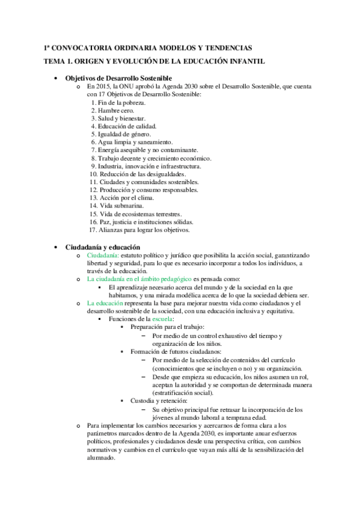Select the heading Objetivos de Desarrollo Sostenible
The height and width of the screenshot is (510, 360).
(x=118, y=78)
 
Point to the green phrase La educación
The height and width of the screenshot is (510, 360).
(x=105, y=303)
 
